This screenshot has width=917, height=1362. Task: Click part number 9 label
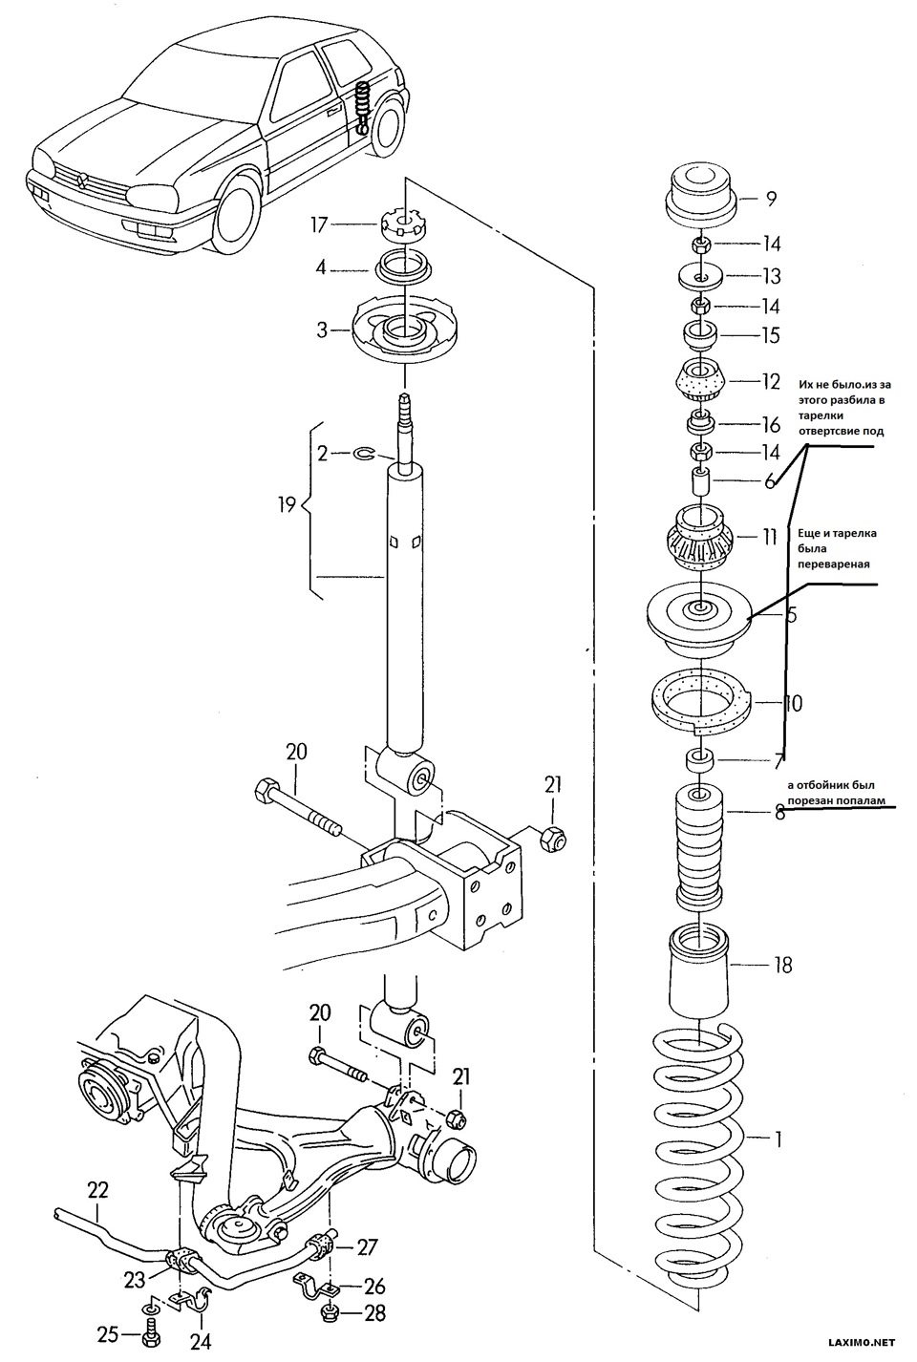tap(771, 199)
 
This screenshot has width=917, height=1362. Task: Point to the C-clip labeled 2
tap(363, 453)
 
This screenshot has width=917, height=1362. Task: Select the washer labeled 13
tap(700, 277)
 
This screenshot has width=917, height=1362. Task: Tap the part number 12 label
tap(771, 381)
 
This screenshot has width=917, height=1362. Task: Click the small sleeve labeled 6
tap(700, 481)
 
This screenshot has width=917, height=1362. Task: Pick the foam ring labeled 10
tap(701, 705)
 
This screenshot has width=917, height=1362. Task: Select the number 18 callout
tap(782, 965)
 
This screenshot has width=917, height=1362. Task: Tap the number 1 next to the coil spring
tap(778, 1139)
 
